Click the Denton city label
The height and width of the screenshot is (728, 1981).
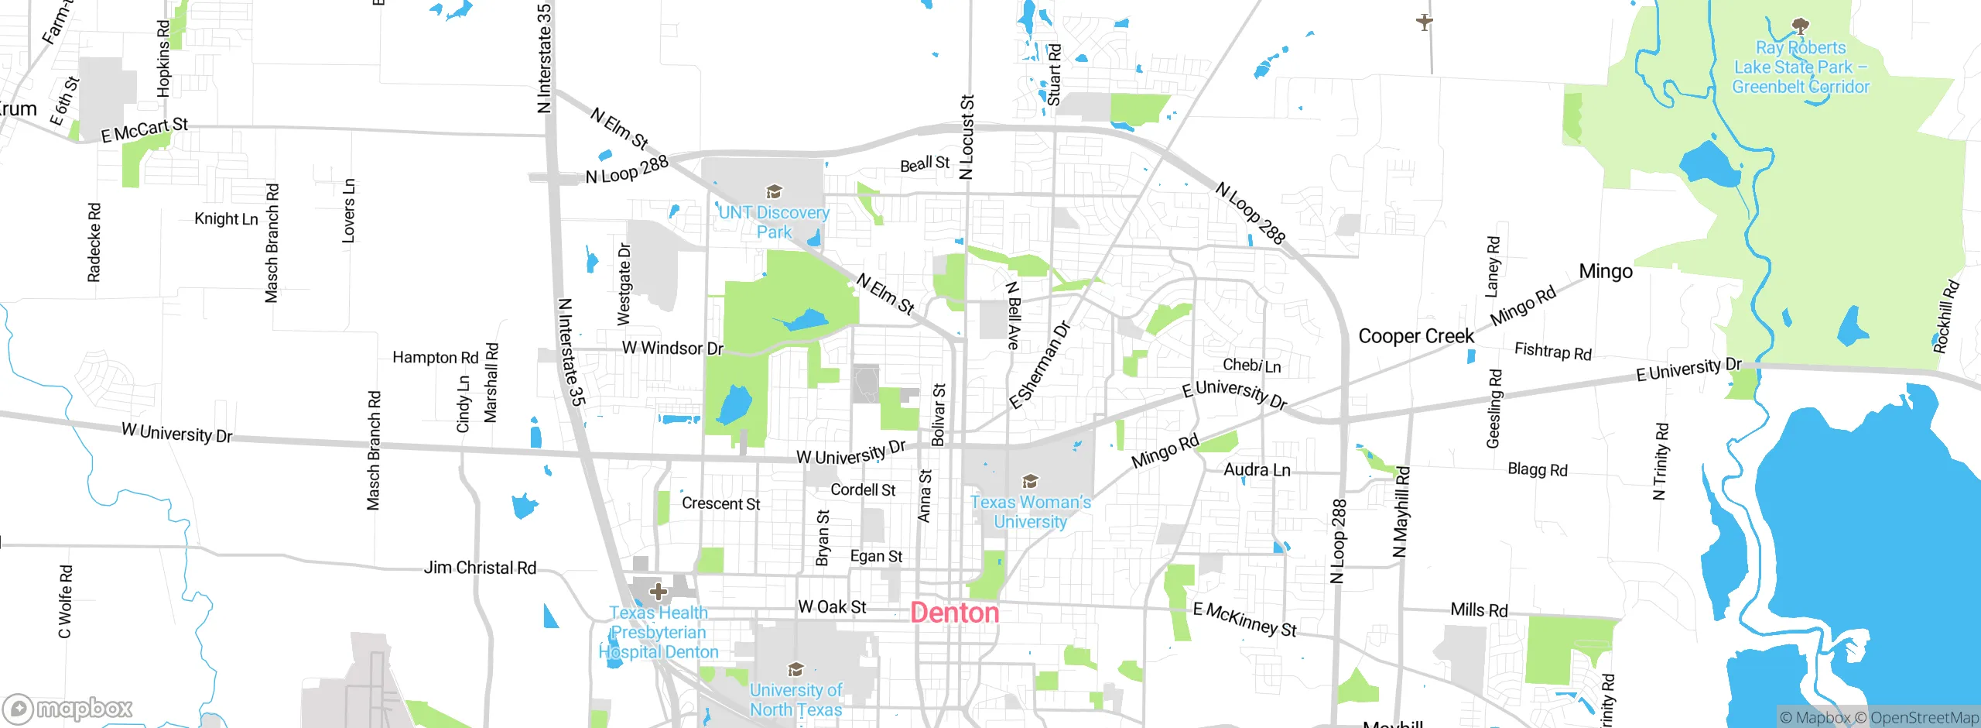(x=955, y=613)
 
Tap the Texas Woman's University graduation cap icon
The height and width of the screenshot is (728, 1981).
(x=1030, y=482)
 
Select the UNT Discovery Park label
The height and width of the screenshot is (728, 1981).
(x=774, y=221)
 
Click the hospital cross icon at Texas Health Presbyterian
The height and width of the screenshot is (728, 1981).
(x=659, y=592)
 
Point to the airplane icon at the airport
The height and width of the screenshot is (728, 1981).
(x=1425, y=21)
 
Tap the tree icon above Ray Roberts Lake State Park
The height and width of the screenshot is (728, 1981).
(x=1801, y=27)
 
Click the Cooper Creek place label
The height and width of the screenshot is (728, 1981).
(x=1416, y=336)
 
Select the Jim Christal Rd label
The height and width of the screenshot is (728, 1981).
(x=480, y=568)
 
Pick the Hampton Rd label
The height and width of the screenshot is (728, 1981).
(x=436, y=357)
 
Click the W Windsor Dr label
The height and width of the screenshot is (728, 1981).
(x=672, y=349)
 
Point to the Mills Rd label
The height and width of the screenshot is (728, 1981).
(x=1479, y=610)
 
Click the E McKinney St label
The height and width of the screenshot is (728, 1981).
(x=1244, y=620)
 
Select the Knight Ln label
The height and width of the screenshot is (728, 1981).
(x=226, y=219)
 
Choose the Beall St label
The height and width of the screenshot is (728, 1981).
(x=925, y=164)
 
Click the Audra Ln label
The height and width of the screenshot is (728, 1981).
(x=1257, y=470)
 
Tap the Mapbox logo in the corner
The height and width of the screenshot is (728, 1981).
(x=68, y=708)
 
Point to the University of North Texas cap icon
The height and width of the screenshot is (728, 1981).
(x=795, y=669)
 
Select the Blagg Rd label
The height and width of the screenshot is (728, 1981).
(x=1537, y=469)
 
